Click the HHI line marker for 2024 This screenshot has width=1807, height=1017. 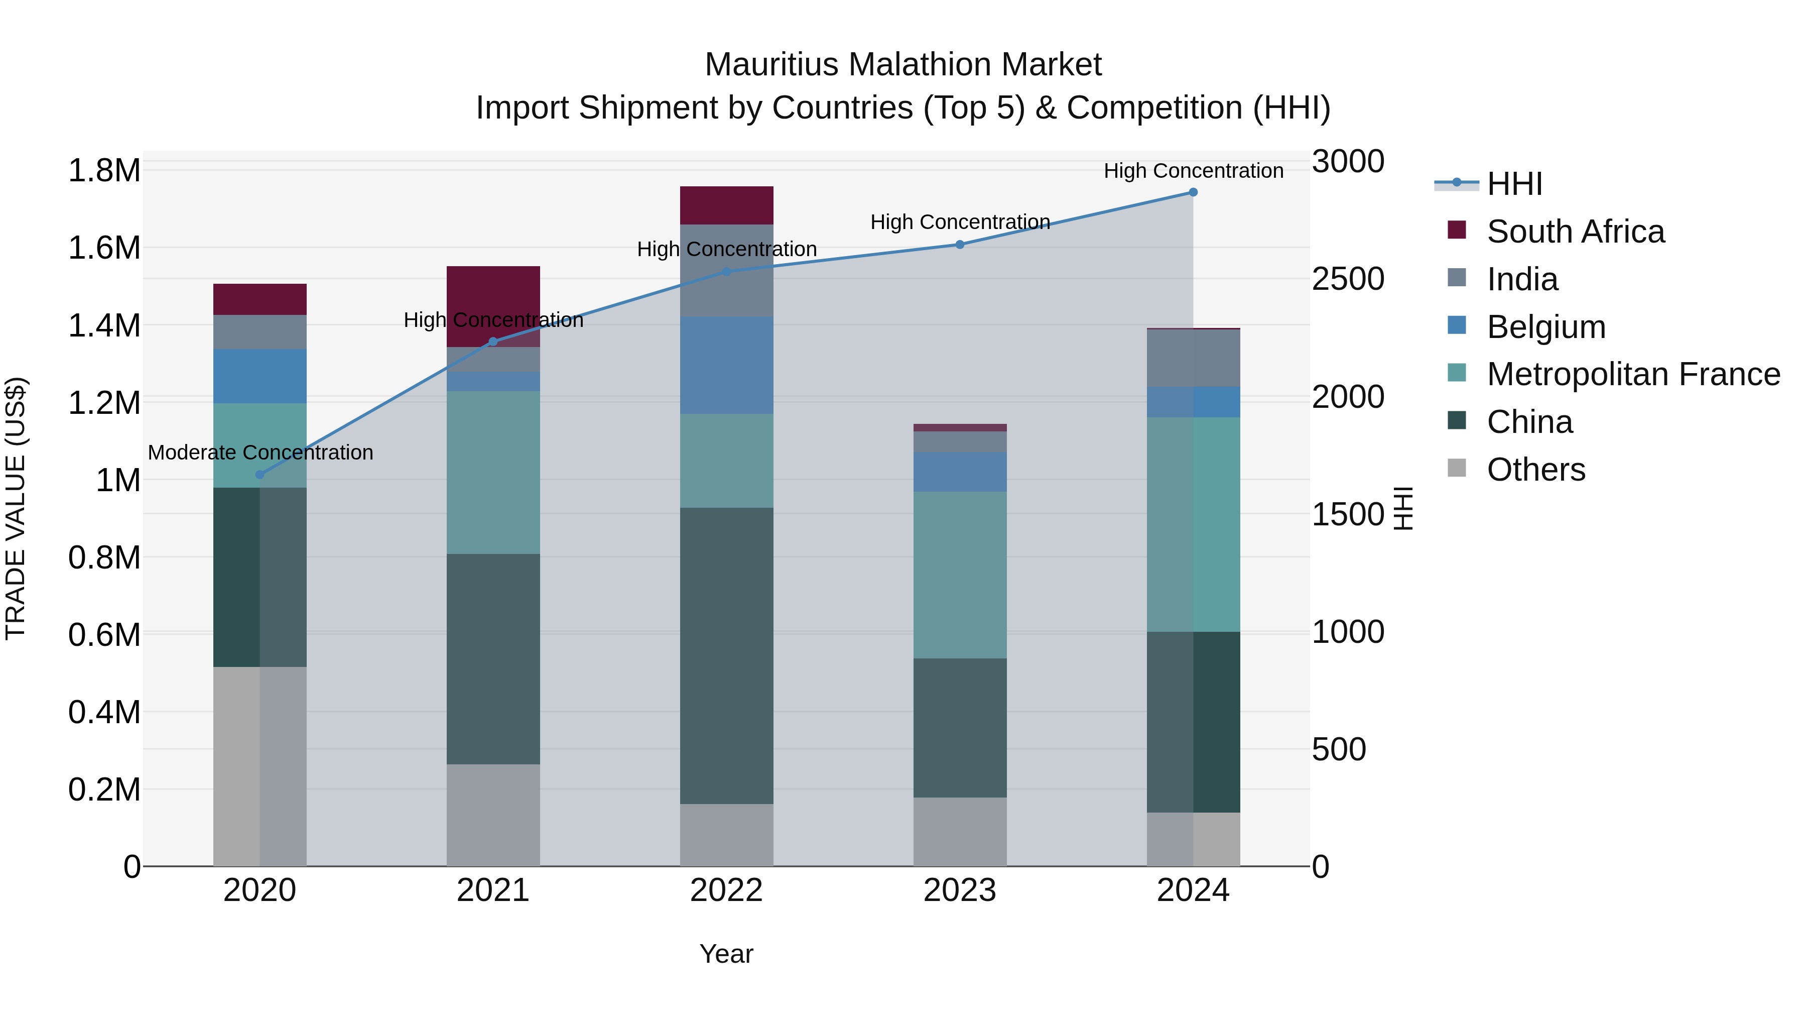click(x=1193, y=192)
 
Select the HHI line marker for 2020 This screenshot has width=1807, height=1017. click(x=260, y=475)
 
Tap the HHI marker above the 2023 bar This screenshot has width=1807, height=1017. click(x=960, y=244)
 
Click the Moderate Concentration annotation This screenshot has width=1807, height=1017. click(x=260, y=453)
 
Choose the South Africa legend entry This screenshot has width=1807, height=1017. click(x=1575, y=232)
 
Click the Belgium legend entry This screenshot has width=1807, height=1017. click(x=1545, y=327)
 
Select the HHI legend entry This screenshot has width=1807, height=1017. click(x=1514, y=184)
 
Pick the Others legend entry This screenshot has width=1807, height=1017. click(x=1535, y=470)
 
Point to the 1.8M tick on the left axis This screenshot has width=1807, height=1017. click(x=104, y=171)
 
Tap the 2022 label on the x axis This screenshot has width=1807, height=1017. click(x=726, y=890)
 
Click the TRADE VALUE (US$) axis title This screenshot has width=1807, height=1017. click(x=16, y=508)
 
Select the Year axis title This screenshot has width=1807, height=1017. click(x=726, y=954)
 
